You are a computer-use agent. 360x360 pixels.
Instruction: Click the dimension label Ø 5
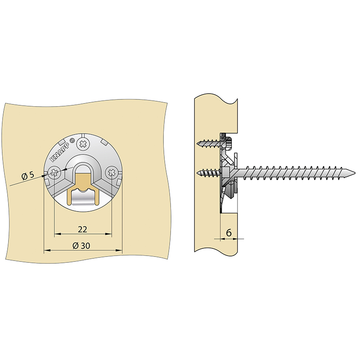[27, 175]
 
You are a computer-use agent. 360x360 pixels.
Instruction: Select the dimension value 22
[83, 229]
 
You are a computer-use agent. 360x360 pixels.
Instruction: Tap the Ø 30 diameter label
[81, 246]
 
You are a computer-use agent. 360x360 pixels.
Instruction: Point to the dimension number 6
[229, 233]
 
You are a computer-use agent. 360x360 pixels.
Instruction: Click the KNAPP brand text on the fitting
[60, 150]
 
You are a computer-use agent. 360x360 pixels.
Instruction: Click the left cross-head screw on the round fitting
[54, 172]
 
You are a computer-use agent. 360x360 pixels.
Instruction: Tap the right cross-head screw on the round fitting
[111, 172]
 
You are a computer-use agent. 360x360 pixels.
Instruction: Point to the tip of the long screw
[355, 172]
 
